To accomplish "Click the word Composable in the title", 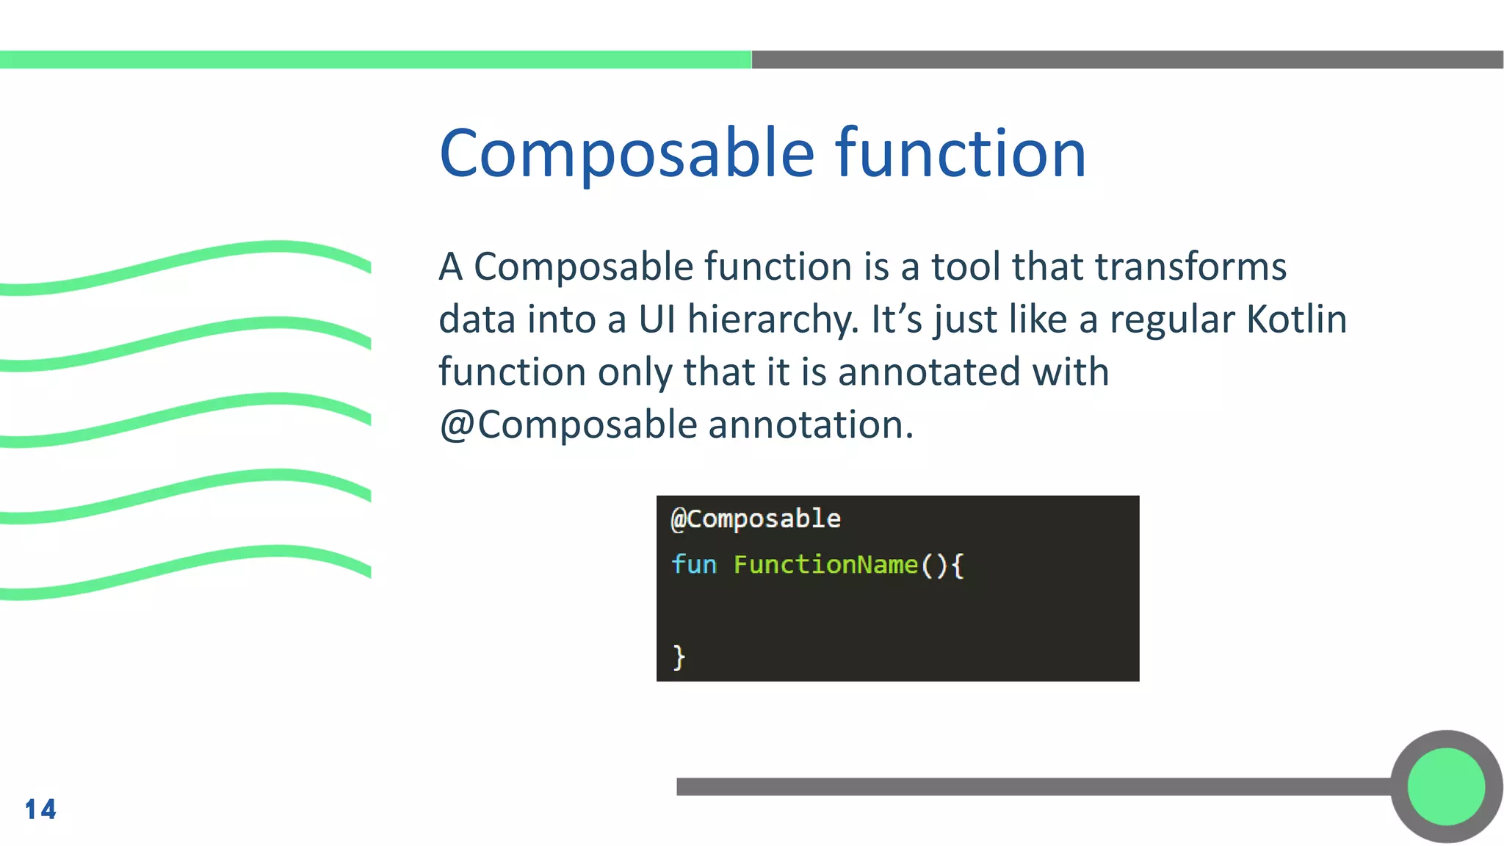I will coord(626,153).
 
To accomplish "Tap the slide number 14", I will coord(40,809).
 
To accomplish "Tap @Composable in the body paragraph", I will coord(568,425).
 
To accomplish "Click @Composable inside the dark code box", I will coord(756,519).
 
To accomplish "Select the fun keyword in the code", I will coord(693,565).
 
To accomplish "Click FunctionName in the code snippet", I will coord(825,565).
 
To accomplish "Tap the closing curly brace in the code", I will coord(679,657).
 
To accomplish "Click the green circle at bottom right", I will coord(1446,787).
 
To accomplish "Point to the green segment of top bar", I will coord(375,59).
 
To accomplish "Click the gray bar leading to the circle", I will coord(1028,787).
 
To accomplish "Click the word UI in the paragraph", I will coord(657,319).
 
